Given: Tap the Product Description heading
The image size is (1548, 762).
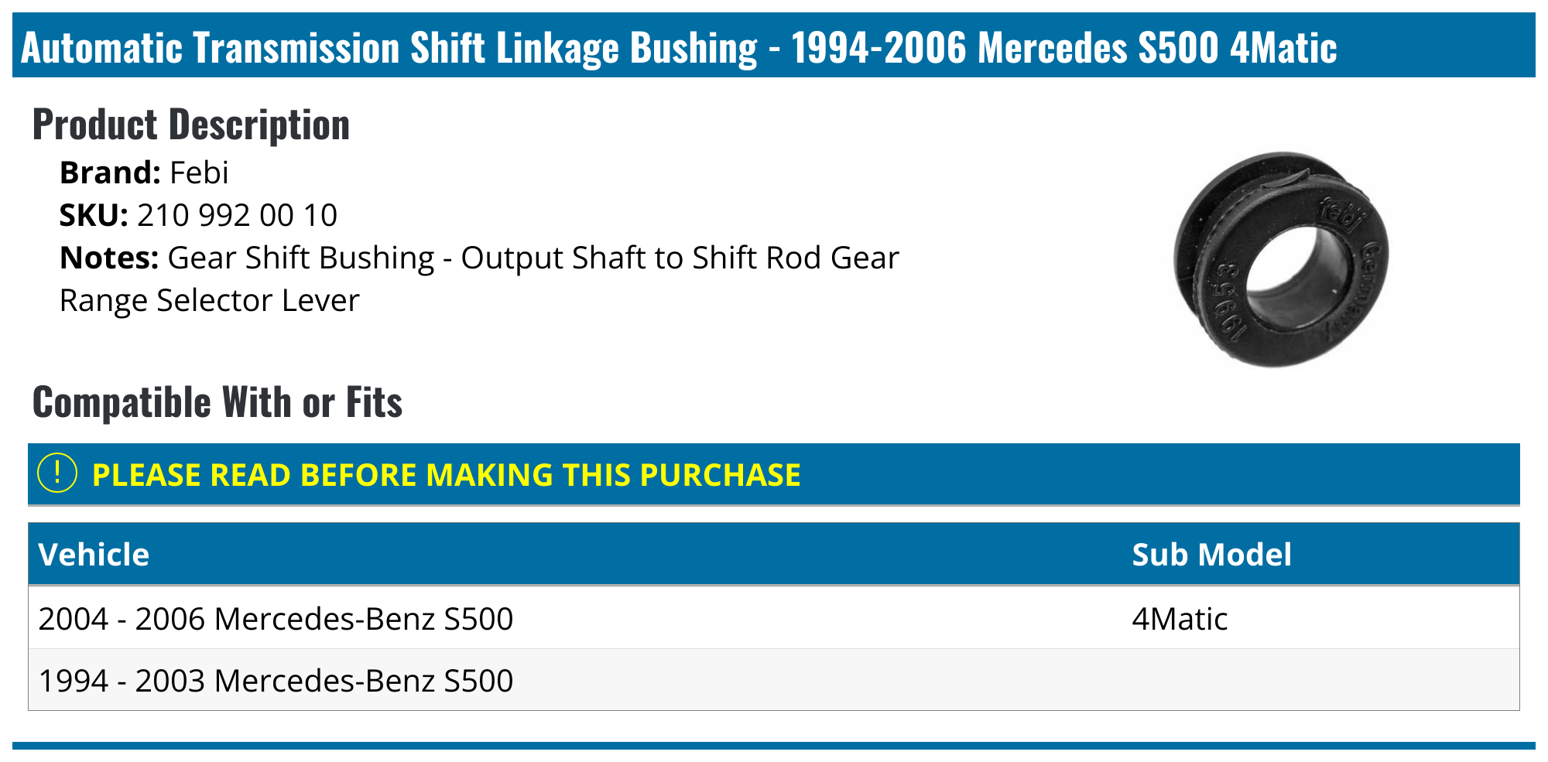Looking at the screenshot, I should point(191,125).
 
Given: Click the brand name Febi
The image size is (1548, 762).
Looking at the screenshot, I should point(199,173).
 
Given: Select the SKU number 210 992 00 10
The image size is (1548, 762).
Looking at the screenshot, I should point(237,215).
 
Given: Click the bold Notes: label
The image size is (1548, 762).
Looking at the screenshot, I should point(109,258).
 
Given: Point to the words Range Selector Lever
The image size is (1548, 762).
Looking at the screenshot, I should point(209,300).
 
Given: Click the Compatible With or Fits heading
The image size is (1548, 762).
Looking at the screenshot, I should point(217,402).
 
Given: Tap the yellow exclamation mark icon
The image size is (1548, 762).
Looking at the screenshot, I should point(57,473).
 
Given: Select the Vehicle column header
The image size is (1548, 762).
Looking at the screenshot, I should point(94,555).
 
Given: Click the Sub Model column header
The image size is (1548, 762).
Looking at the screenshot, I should point(1211,555).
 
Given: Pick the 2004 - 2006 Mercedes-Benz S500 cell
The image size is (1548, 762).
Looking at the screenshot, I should point(276,619).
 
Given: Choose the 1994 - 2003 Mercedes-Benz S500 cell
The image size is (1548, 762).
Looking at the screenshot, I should point(276,681).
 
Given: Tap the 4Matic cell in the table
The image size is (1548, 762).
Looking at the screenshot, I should point(1180,619).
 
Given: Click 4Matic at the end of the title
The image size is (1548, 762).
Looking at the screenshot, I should point(1283,48).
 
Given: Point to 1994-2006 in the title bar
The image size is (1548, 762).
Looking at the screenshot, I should point(878,48).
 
